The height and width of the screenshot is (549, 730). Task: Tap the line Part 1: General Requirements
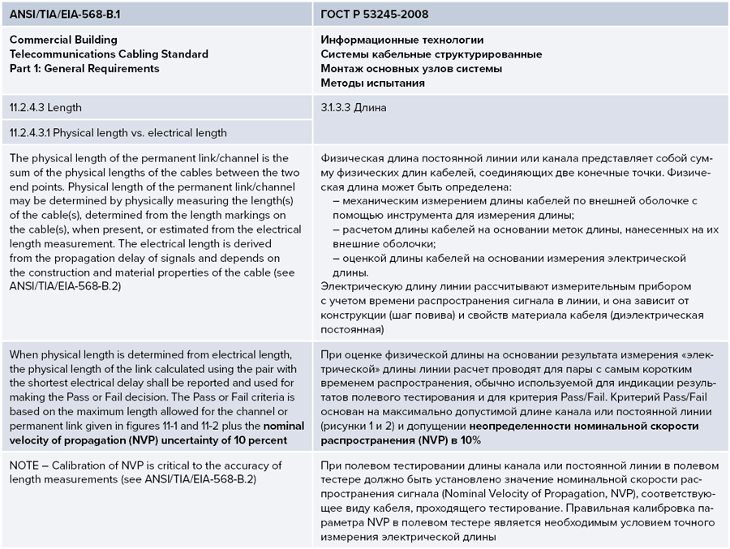[x=84, y=69]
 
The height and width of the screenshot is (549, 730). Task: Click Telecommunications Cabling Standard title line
[x=109, y=54]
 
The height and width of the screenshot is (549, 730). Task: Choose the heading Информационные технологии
[x=402, y=40]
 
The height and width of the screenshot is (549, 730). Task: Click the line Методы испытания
[x=372, y=84]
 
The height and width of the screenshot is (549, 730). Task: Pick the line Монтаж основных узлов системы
[x=411, y=69]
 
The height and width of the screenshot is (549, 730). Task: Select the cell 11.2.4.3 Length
[x=46, y=107]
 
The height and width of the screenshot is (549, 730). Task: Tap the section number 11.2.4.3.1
[x=33, y=132]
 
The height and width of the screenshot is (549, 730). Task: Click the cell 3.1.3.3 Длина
[x=354, y=107]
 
